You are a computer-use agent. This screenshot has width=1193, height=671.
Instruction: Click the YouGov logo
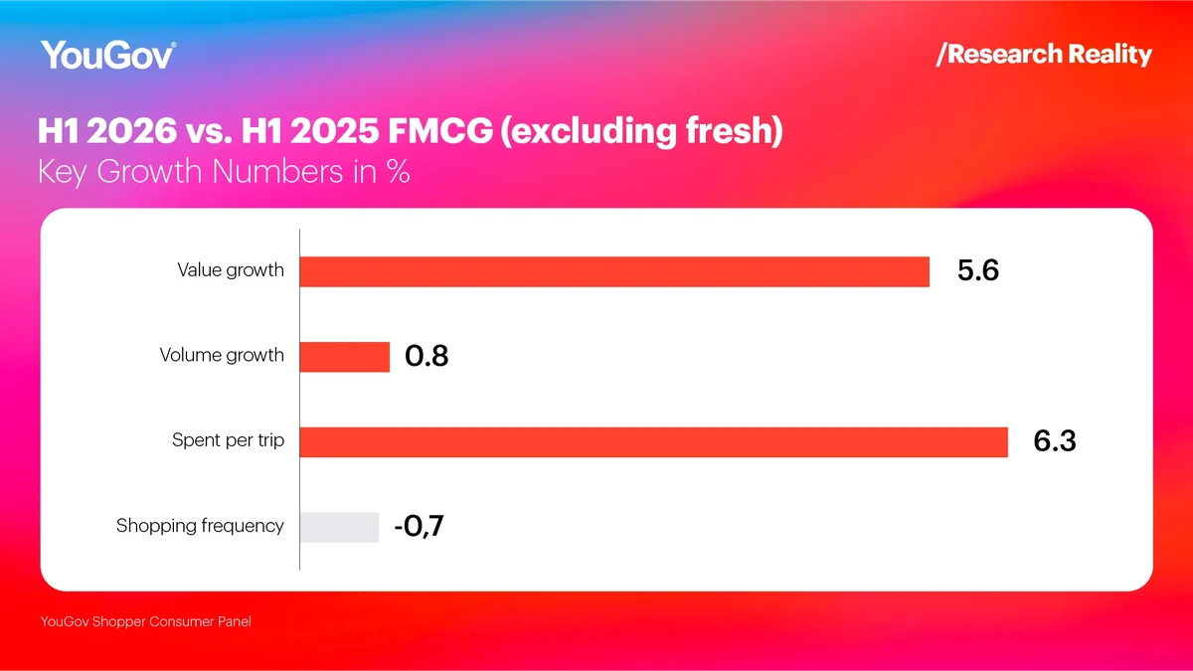108,55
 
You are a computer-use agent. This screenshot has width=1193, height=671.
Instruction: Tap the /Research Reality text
1044,55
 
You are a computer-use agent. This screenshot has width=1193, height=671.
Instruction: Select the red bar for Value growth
614,271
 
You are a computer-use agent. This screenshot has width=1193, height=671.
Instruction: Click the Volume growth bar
345,357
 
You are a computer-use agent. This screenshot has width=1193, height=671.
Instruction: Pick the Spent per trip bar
654,442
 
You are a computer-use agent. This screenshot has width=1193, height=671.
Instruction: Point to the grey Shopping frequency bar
339,527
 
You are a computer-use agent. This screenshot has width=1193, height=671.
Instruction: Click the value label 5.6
978,270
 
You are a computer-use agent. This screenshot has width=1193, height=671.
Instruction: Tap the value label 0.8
426,356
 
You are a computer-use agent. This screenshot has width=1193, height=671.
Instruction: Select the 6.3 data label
1055,441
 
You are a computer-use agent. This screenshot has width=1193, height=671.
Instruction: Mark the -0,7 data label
419,526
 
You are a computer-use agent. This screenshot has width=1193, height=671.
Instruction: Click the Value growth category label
231,270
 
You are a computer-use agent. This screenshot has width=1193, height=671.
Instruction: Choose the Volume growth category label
222,355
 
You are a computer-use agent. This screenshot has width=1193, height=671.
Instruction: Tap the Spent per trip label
228,441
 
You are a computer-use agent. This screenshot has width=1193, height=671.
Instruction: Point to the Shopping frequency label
200,526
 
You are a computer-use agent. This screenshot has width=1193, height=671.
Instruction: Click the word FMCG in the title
439,130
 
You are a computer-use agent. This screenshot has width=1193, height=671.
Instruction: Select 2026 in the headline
131,130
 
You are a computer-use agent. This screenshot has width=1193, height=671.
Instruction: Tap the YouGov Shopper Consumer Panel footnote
145,621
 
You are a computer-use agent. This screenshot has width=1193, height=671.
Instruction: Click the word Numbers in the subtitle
277,172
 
